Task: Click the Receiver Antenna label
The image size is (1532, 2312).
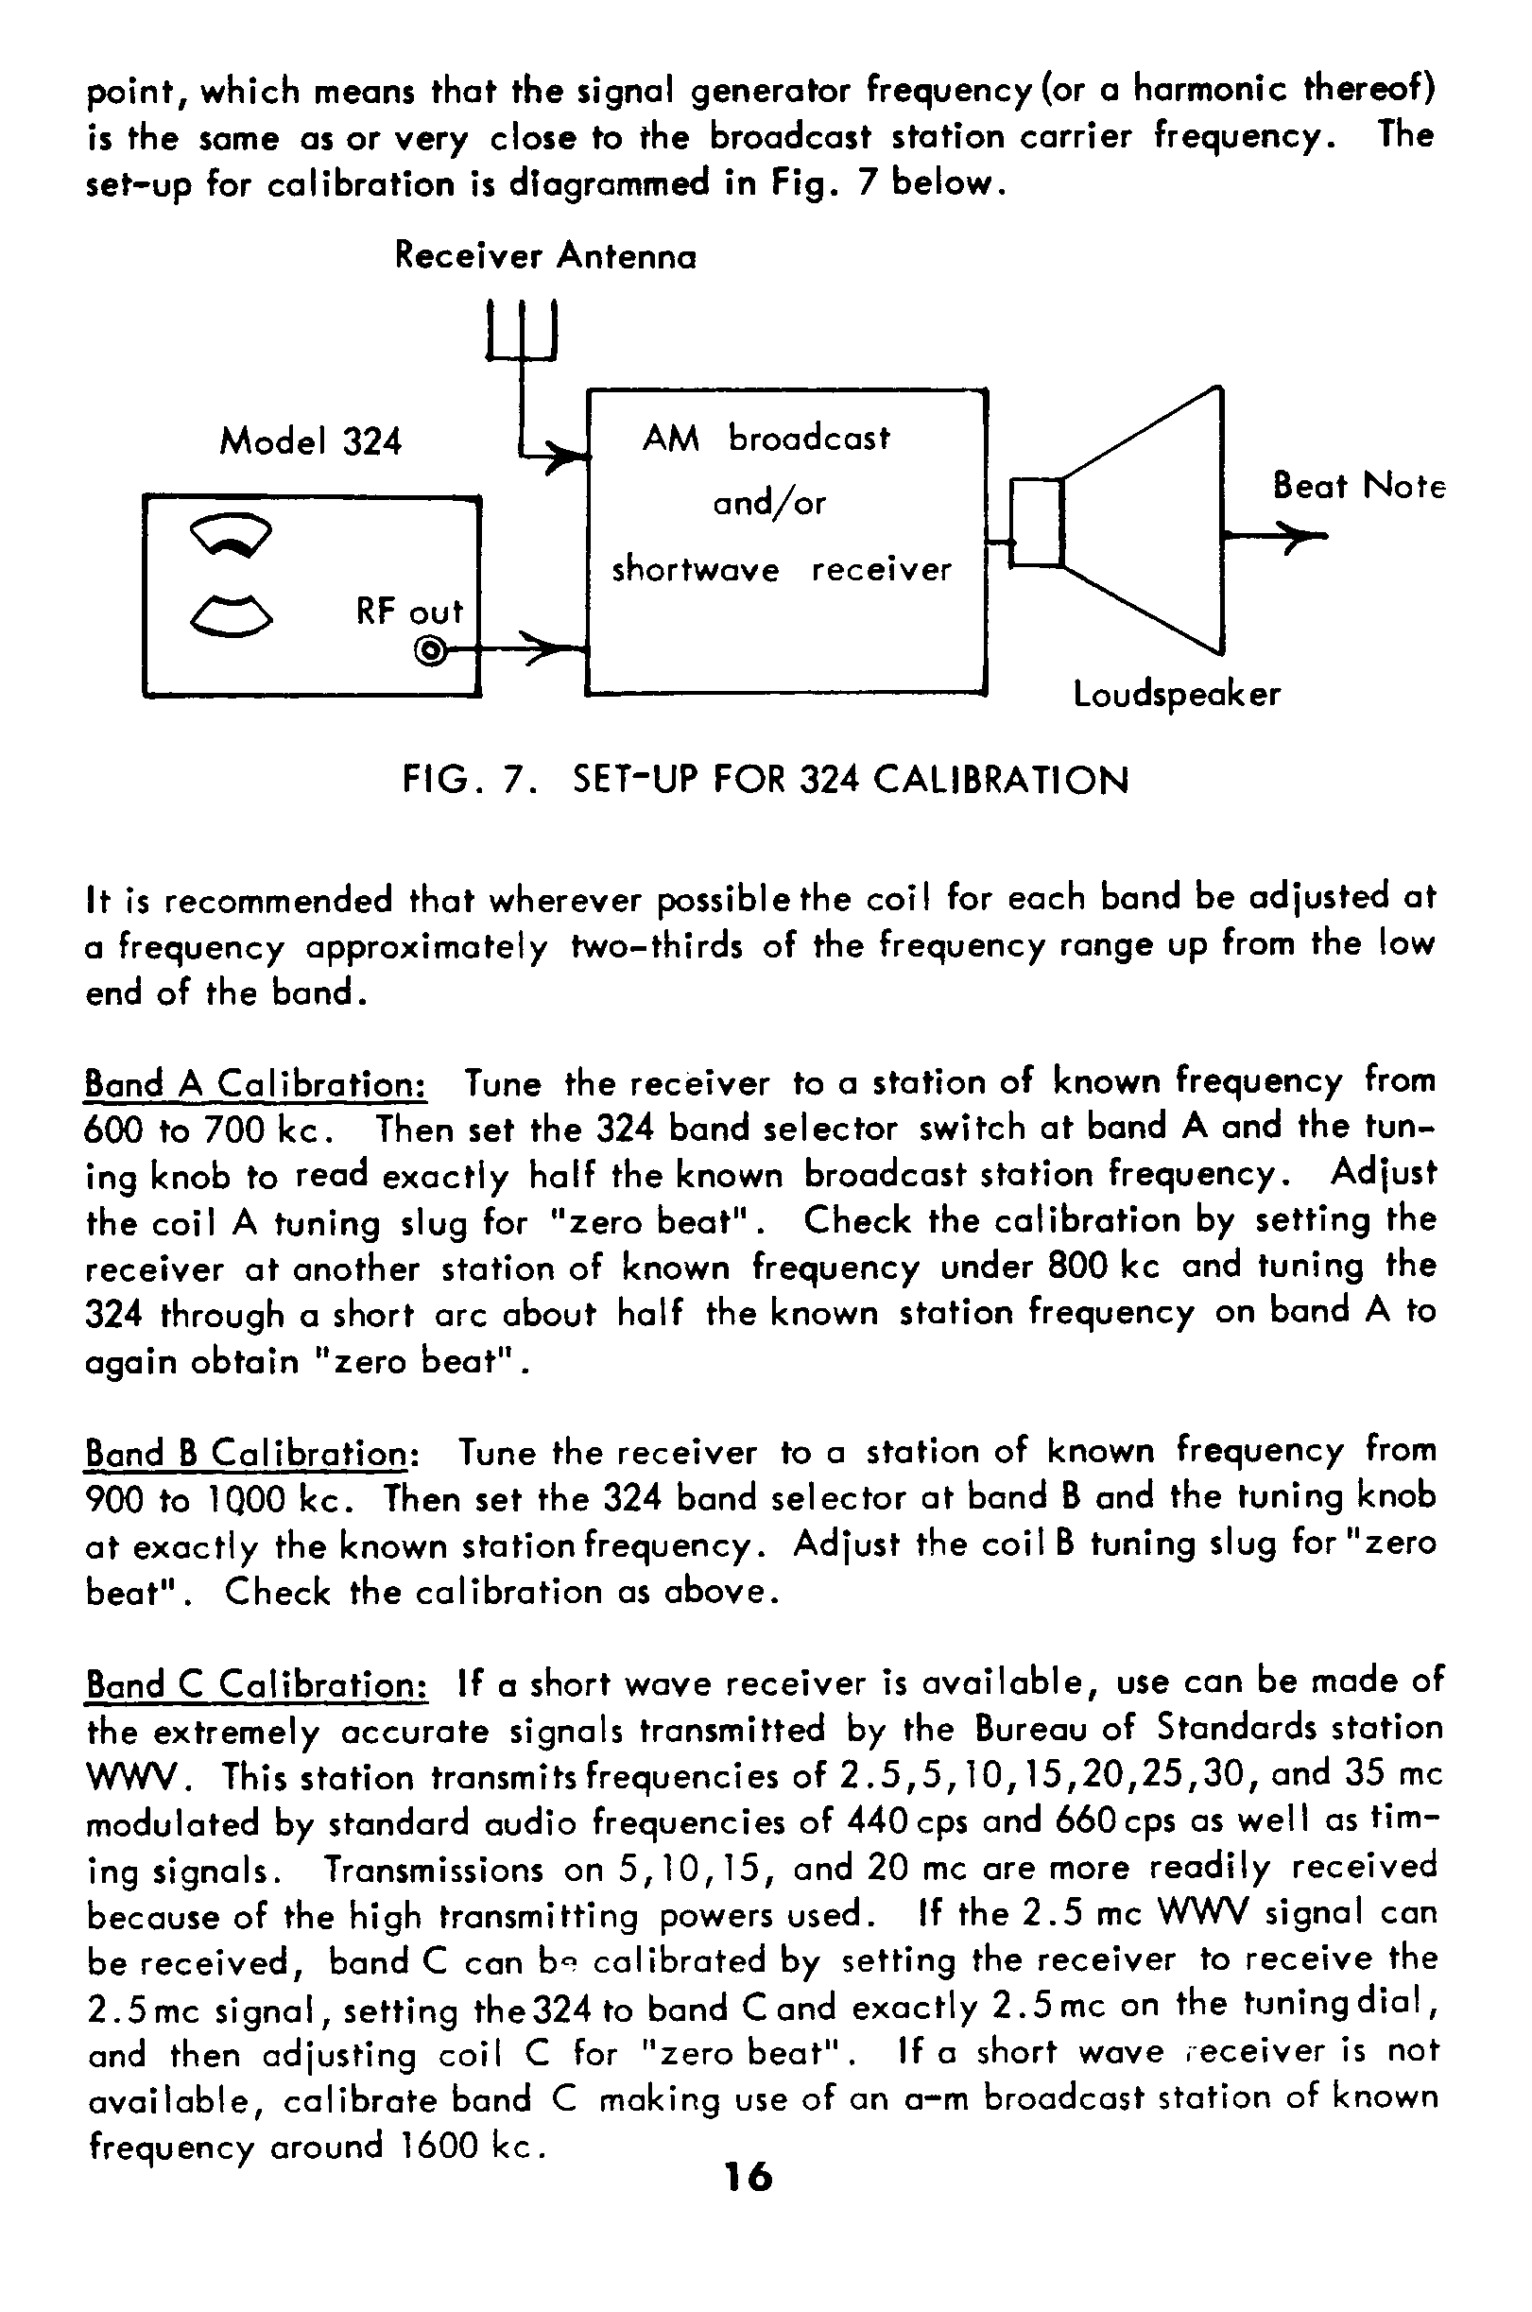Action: pyautogui.click(x=545, y=256)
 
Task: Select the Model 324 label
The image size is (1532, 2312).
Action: pyautogui.click(x=310, y=441)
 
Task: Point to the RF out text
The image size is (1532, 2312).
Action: pyautogui.click(x=408, y=613)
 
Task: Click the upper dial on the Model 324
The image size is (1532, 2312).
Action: pyautogui.click(x=231, y=534)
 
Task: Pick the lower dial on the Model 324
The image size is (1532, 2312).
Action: pyautogui.click(x=231, y=614)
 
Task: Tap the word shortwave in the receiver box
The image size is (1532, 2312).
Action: pyautogui.click(x=695, y=570)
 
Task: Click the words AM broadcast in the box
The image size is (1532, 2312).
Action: pyautogui.click(x=766, y=439)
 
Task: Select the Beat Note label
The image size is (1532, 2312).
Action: pyautogui.click(x=1358, y=486)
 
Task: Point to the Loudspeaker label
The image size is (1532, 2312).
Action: pyautogui.click(x=1177, y=695)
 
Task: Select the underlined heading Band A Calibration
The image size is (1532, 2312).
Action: pyautogui.click(x=255, y=1083)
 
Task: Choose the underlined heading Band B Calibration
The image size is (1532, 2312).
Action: pyautogui.click(x=251, y=1452)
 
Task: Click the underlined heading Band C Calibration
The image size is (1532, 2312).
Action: pyautogui.click(x=256, y=1684)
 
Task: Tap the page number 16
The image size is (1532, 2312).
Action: pyautogui.click(x=749, y=2176)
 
